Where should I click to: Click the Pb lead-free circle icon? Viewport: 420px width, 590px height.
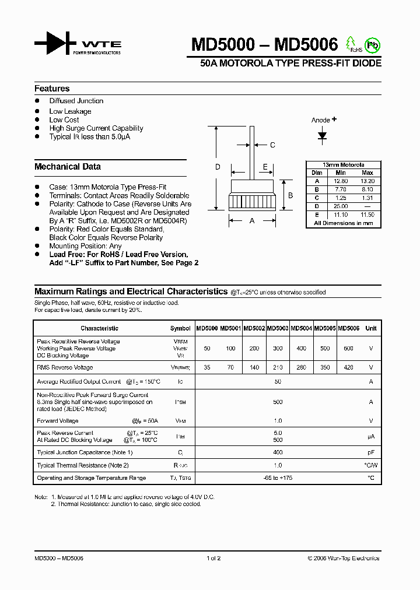tap(371, 45)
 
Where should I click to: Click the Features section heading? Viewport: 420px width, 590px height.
tap(52, 89)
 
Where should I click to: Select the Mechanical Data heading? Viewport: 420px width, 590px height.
tap(68, 167)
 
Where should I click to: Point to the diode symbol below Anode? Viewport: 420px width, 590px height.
tap(322, 135)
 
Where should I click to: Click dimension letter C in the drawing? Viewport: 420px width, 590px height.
tap(272, 145)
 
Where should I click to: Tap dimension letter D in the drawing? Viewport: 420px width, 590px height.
tap(218, 167)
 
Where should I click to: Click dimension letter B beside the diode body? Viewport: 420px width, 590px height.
tap(290, 195)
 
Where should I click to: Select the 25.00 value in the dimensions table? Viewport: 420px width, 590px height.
tap(341, 206)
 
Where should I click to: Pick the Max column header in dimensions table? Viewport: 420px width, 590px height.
tap(367, 173)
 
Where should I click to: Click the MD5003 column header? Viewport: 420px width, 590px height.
tap(278, 328)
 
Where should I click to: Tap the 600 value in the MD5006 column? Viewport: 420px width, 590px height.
tap(348, 348)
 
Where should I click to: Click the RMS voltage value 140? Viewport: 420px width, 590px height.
tap(254, 368)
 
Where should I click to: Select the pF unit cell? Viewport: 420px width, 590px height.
tap(370, 452)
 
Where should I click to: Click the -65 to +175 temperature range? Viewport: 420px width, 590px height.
tap(278, 478)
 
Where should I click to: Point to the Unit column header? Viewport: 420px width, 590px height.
tap(371, 328)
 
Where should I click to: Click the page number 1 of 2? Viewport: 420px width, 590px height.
tap(213, 559)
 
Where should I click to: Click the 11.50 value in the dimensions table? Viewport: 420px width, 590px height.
tap(367, 215)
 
